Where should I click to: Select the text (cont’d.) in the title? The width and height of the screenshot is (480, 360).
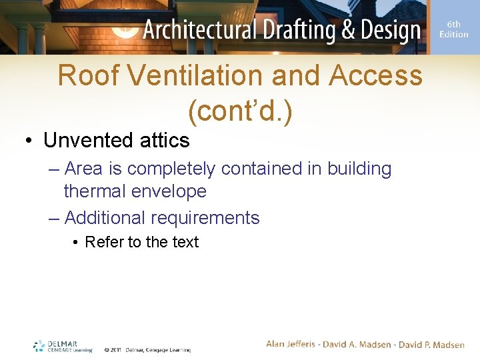[x=240, y=112]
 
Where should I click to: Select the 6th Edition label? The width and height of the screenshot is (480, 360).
[x=453, y=29]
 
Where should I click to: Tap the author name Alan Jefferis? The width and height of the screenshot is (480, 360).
[x=294, y=345]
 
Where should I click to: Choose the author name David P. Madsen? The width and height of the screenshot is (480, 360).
[x=431, y=345]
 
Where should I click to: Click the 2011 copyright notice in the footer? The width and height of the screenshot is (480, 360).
[x=147, y=349]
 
